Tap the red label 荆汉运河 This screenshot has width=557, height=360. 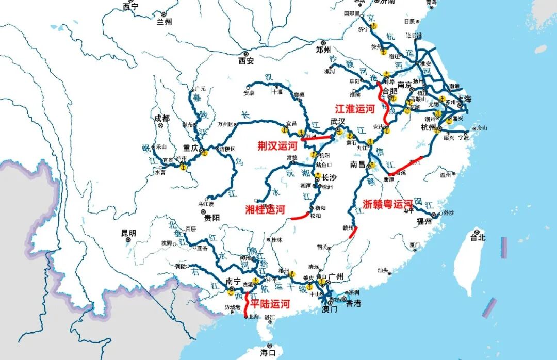coord(277,146)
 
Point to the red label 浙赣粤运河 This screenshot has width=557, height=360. coord(388,204)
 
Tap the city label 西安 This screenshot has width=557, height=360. coord(246,61)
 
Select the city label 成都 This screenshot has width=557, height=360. coord(161,118)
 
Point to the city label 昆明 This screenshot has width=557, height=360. coord(129,233)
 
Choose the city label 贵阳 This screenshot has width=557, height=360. coord(212,218)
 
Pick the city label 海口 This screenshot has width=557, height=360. coord(268,353)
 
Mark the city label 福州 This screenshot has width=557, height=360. coord(424,222)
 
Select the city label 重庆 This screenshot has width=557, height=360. coord(191,148)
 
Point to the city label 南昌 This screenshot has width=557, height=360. coord(357,165)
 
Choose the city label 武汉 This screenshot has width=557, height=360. coord(338,122)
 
